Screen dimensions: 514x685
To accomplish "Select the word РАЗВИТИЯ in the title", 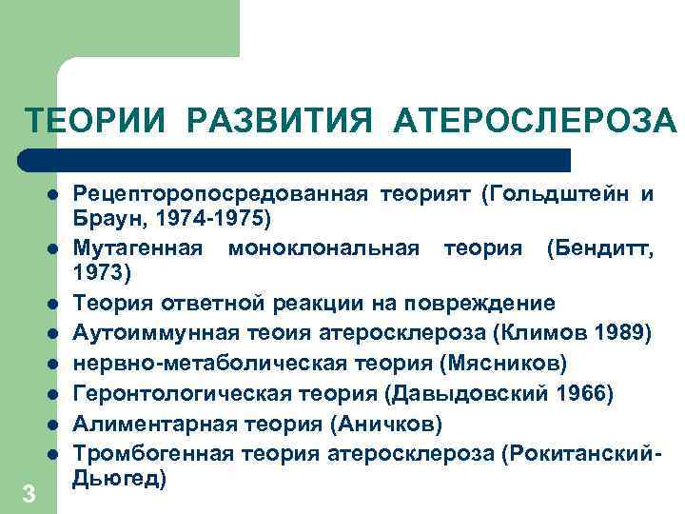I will point(283,121).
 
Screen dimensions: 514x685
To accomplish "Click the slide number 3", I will point(29,494).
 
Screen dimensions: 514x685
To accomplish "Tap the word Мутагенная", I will point(138,248).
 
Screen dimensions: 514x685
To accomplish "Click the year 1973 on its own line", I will point(106,273).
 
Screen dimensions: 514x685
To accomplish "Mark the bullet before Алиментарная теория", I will point(55,422).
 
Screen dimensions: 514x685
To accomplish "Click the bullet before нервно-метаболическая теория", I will point(55,363).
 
